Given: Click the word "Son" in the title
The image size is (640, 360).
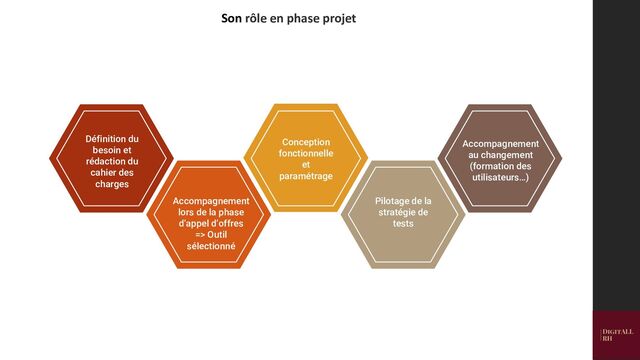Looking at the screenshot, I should pyautogui.click(x=231, y=18).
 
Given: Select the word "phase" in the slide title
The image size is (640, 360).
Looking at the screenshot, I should pyautogui.click(x=298, y=18).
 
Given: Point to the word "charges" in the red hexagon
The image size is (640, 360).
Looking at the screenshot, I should pyautogui.click(x=112, y=184).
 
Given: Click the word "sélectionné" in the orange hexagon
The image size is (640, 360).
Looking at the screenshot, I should pyautogui.click(x=211, y=245).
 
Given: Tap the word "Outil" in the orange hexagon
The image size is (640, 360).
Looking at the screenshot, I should pyautogui.click(x=222, y=234).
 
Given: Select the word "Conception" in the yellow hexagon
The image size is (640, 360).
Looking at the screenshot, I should pyautogui.click(x=306, y=143).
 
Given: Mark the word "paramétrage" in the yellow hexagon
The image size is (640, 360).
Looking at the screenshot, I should pyautogui.click(x=306, y=176).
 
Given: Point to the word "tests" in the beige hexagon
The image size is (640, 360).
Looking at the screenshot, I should pyautogui.click(x=404, y=224).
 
